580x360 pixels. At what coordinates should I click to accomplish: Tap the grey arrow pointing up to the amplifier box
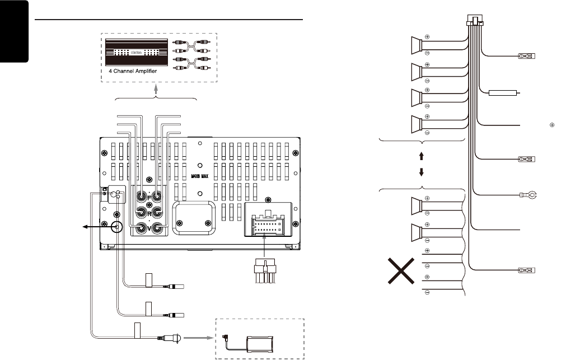tap(156, 88)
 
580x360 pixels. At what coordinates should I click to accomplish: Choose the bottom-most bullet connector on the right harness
tap(527, 270)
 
